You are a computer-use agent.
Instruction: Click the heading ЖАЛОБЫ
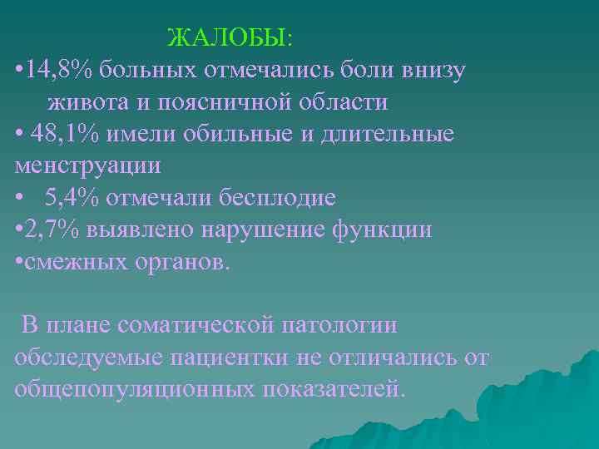click(229, 38)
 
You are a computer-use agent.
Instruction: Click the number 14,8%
click(60, 70)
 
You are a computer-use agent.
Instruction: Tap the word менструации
click(87, 165)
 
